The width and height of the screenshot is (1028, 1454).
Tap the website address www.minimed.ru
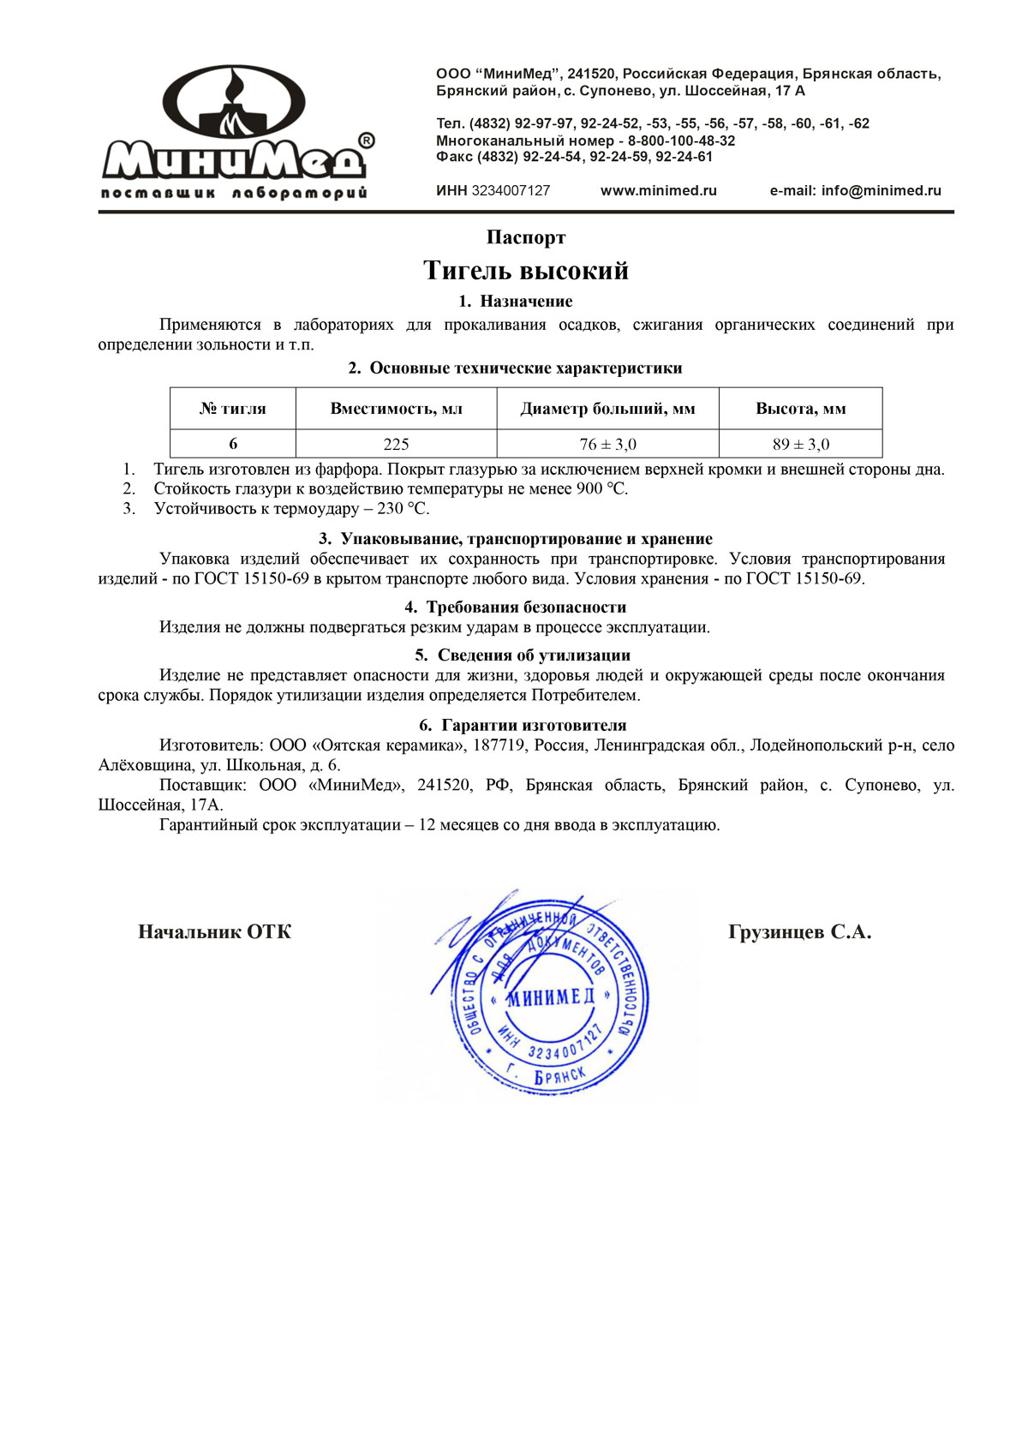[658, 191]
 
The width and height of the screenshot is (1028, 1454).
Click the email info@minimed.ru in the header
[881, 191]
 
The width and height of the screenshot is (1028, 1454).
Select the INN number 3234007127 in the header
[511, 191]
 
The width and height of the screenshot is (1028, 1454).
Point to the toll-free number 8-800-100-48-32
[681, 141]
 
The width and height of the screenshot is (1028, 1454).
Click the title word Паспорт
[526, 237]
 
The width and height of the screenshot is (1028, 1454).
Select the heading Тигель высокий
[526, 271]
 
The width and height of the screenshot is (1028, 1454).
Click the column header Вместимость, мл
[396, 409]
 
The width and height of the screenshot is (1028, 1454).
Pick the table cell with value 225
[396, 444]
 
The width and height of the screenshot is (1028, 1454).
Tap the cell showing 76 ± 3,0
[607, 444]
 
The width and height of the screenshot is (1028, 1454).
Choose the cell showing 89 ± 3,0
[800, 444]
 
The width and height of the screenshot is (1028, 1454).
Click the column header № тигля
[233, 409]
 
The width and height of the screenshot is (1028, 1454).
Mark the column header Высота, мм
[800, 409]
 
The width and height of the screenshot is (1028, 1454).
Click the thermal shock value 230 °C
[403, 509]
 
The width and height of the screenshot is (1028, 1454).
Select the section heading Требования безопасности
[526, 607]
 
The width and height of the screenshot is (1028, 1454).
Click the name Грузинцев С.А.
[799, 932]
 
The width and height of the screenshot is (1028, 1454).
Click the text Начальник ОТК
[214, 932]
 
